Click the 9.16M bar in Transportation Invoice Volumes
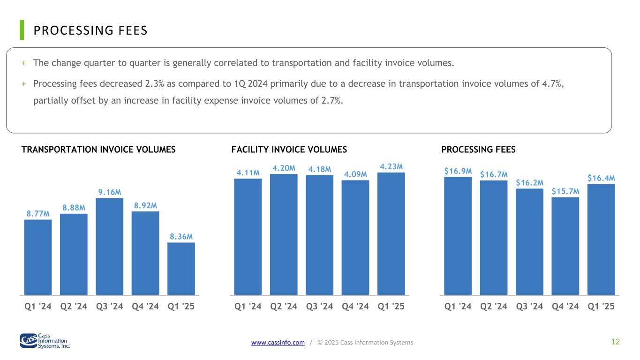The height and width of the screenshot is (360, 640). click(x=109, y=247)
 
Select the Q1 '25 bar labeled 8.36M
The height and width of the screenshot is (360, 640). click(x=181, y=269)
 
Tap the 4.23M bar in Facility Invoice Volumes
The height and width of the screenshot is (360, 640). click(x=391, y=234)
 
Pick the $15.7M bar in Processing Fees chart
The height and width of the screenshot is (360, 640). click(x=565, y=246)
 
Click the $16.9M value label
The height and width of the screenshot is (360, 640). click(x=458, y=171)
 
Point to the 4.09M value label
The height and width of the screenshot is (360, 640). click(x=355, y=174)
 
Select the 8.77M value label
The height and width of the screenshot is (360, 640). click(x=38, y=214)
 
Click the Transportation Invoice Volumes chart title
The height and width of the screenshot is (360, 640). click(x=98, y=150)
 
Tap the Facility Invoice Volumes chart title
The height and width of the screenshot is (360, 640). click(x=289, y=150)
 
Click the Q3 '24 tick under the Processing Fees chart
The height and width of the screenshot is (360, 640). click(x=529, y=307)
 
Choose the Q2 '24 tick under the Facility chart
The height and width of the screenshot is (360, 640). click(x=284, y=307)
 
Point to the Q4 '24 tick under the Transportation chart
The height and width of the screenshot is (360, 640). click(x=145, y=307)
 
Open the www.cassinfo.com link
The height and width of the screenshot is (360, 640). click(x=278, y=342)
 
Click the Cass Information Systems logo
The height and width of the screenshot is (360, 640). click(x=45, y=341)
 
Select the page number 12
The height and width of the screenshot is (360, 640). click(x=616, y=342)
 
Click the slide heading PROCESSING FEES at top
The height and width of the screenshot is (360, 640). click(x=90, y=30)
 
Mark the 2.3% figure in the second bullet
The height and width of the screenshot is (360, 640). click(x=155, y=84)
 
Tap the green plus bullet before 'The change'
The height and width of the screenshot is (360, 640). click(x=24, y=63)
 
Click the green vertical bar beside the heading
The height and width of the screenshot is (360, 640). click(x=22, y=30)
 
